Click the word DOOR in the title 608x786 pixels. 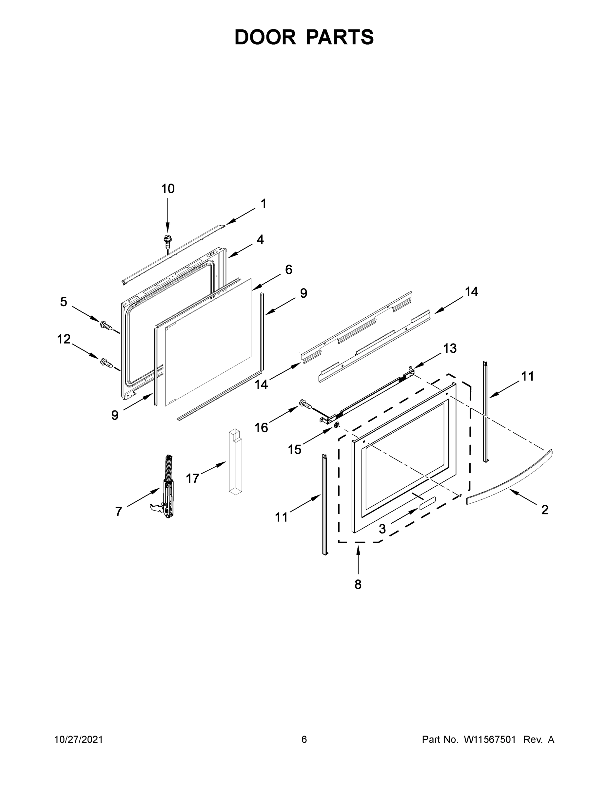point(265,37)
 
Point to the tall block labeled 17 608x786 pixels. point(235,462)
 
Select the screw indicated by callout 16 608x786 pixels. point(305,404)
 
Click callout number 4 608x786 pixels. point(260,239)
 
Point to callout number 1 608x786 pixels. point(263,204)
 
